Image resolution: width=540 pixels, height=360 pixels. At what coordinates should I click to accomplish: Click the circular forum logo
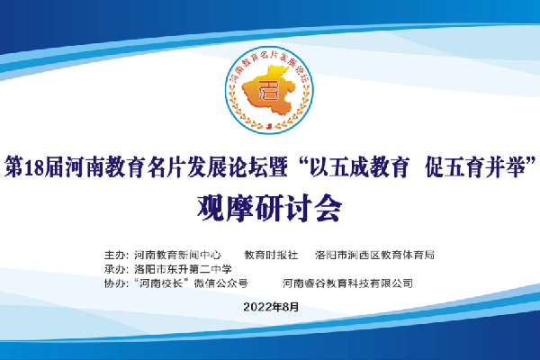(x=269, y=90)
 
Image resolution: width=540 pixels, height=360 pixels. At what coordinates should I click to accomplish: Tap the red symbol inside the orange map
(x=268, y=91)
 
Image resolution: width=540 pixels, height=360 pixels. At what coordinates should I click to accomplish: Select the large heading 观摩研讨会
(x=270, y=208)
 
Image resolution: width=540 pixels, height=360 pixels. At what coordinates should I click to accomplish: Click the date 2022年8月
(x=271, y=307)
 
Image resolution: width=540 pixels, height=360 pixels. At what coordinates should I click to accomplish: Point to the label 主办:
(x=116, y=255)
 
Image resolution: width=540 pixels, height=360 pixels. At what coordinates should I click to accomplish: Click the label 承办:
(x=116, y=269)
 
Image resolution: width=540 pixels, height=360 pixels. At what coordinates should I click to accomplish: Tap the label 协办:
(x=116, y=283)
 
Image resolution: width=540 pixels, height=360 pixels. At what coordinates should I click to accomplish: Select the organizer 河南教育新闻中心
(x=177, y=255)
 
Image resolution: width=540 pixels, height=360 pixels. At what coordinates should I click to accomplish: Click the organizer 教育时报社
(x=271, y=255)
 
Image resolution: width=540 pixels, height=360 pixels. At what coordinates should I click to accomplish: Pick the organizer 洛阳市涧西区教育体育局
(x=374, y=255)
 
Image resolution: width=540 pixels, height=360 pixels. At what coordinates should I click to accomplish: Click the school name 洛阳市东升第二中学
(x=184, y=269)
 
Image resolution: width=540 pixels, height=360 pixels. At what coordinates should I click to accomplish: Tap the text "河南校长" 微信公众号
(x=191, y=283)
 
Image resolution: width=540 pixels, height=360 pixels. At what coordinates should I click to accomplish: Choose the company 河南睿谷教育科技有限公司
(x=347, y=283)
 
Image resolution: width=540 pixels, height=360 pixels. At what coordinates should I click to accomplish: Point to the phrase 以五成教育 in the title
(x=359, y=167)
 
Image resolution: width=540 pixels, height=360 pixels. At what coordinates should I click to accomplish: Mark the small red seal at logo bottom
(x=269, y=126)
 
